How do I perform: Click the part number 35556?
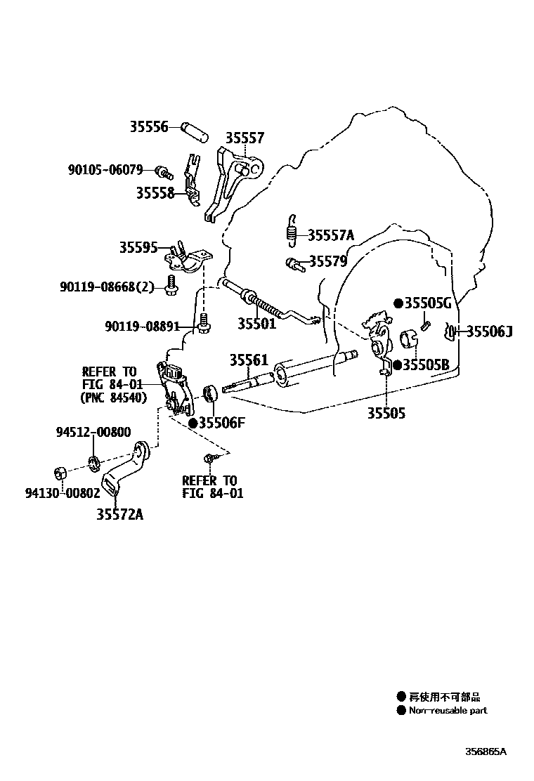point(148,127)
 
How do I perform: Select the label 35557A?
point(331,235)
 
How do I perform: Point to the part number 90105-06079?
point(105,170)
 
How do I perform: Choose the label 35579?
point(328,261)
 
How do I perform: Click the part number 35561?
point(248,360)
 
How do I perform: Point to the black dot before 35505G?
point(398,303)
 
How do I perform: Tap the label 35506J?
point(490,332)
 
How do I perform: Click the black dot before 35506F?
point(192,423)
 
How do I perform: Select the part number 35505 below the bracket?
point(386,414)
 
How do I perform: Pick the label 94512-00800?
point(93,433)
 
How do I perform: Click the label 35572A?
point(119,515)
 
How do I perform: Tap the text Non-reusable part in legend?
point(448,710)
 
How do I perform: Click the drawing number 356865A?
point(485,751)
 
